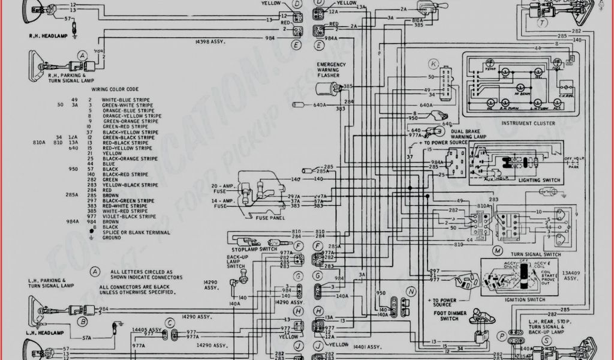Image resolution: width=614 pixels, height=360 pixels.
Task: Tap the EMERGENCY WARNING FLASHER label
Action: (x=331, y=70)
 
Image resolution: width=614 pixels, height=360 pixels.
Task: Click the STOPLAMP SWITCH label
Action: (x=254, y=249)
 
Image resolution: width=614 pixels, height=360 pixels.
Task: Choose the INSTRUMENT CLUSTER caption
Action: (x=528, y=123)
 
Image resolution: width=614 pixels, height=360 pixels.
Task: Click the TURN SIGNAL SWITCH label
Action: (x=535, y=254)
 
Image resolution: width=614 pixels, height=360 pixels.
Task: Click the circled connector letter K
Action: (x=433, y=63)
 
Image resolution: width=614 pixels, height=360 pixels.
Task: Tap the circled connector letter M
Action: (x=497, y=249)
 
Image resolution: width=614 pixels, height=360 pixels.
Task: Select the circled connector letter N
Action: (x=411, y=291)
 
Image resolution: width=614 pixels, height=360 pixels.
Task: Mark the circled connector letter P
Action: (x=501, y=336)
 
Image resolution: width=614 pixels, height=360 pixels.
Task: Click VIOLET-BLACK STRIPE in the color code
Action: (x=129, y=216)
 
